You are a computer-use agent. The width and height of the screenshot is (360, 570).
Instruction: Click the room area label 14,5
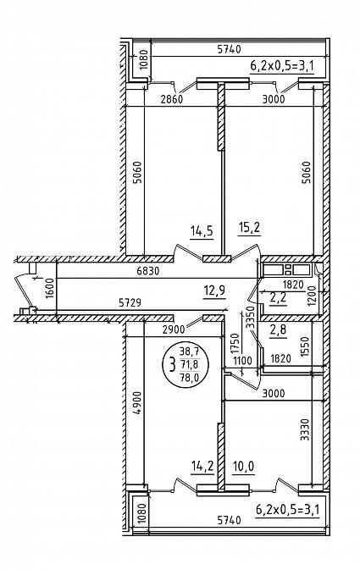[x=202, y=231]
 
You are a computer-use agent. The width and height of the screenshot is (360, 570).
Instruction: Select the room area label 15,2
[x=249, y=228]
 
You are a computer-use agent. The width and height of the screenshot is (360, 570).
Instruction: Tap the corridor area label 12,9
[x=214, y=291]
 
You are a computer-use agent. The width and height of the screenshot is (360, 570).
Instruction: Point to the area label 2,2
[x=278, y=298]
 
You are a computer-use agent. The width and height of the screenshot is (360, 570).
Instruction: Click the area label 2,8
[x=278, y=330]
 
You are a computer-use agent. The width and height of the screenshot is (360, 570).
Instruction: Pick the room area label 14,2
[x=202, y=466]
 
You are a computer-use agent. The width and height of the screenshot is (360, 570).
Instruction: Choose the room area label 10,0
[x=244, y=466]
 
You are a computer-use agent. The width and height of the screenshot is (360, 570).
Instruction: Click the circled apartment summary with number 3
[x=186, y=364]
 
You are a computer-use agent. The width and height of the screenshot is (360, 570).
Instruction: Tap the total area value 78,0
[x=189, y=378]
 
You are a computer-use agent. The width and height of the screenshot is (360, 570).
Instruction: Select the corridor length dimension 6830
[x=149, y=271]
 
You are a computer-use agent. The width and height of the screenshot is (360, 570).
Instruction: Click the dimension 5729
[x=130, y=302]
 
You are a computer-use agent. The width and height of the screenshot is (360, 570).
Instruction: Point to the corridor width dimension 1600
[x=50, y=288]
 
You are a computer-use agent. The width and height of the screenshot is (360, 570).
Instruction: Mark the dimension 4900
[x=136, y=403]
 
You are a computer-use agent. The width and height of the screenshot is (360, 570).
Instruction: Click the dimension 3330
[x=306, y=430]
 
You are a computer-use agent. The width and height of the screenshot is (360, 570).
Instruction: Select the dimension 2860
[x=172, y=99]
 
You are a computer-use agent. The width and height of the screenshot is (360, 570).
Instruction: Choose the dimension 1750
[x=235, y=344]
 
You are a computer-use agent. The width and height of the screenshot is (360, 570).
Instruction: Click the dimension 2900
[x=174, y=330]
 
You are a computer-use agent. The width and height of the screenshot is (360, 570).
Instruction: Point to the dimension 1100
[x=242, y=361]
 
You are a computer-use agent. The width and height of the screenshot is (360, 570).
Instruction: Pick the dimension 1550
[x=306, y=346]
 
